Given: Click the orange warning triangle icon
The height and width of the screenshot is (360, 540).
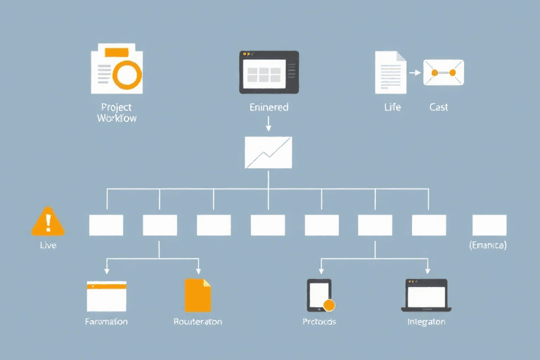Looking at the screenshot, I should click(x=48, y=221).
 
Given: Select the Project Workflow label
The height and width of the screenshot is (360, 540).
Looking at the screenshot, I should click(x=117, y=112).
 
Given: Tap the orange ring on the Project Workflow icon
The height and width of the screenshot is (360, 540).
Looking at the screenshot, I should click(x=127, y=74).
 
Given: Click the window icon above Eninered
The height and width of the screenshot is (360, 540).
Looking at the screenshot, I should click(x=269, y=72).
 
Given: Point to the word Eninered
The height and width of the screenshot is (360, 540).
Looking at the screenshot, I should click(x=269, y=108).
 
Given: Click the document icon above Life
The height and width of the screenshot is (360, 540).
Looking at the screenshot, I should click(x=390, y=72).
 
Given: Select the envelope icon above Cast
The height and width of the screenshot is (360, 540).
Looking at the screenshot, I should click(x=443, y=72).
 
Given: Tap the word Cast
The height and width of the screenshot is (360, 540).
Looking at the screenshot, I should click(x=439, y=108).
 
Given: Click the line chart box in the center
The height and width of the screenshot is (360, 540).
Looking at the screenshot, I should click(x=268, y=153).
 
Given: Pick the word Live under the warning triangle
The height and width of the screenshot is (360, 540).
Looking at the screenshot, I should click(x=48, y=245).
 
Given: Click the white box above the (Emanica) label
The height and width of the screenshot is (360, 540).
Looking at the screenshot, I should click(x=489, y=225).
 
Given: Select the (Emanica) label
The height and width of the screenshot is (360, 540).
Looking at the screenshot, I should click(x=488, y=245).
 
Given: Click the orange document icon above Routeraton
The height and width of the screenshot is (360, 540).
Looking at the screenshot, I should click(x=198, y=295).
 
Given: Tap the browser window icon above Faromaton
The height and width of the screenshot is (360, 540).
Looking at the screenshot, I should click(x=106, y=296).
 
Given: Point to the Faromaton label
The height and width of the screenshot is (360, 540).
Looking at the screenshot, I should click(x=106, y=321).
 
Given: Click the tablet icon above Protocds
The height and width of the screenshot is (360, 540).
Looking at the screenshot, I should click(x=319, y=295).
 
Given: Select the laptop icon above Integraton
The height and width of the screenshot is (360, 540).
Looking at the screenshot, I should click(x=426, y=295).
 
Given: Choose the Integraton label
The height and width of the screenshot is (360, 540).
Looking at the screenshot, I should click(x=426, y=321).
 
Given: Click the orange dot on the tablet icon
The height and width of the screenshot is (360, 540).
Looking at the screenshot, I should click(x=328, y=305).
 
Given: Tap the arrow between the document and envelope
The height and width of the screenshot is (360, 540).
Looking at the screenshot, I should click(x=414, y=72).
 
